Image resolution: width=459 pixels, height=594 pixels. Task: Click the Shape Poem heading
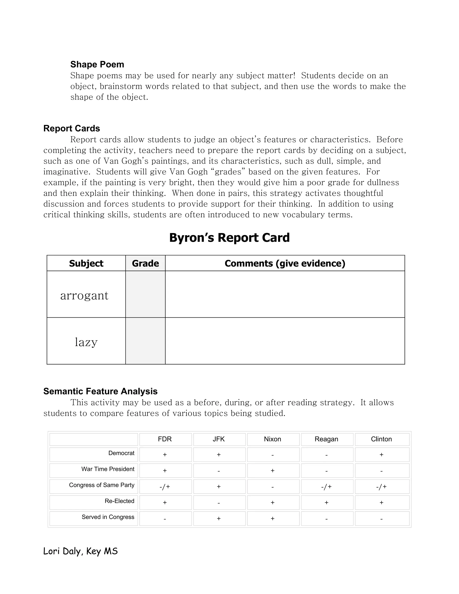97,65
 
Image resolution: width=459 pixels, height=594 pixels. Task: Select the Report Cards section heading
71,128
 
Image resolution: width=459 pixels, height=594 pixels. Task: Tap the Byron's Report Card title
229,237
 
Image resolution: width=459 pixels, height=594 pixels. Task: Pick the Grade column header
145,263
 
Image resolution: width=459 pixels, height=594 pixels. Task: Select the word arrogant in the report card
84,295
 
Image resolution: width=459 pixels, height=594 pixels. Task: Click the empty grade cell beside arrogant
145,294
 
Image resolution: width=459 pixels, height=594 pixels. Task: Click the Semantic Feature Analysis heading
100,391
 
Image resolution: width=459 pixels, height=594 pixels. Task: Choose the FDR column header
165,439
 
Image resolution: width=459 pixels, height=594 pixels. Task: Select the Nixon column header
273,439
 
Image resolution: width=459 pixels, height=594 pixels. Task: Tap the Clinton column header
381,439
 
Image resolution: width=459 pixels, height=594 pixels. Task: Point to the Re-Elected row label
119,501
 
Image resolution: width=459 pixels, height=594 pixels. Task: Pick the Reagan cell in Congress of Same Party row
326,487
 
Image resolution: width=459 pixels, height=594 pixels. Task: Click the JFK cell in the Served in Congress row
219,518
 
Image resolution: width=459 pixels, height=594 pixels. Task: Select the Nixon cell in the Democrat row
273,455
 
